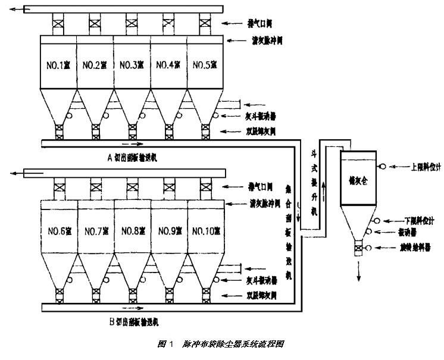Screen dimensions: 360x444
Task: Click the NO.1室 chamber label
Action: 58,64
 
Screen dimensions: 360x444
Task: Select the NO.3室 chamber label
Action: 132,64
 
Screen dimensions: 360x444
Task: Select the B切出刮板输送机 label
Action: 133,322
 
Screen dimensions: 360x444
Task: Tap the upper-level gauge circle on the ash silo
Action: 382,167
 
